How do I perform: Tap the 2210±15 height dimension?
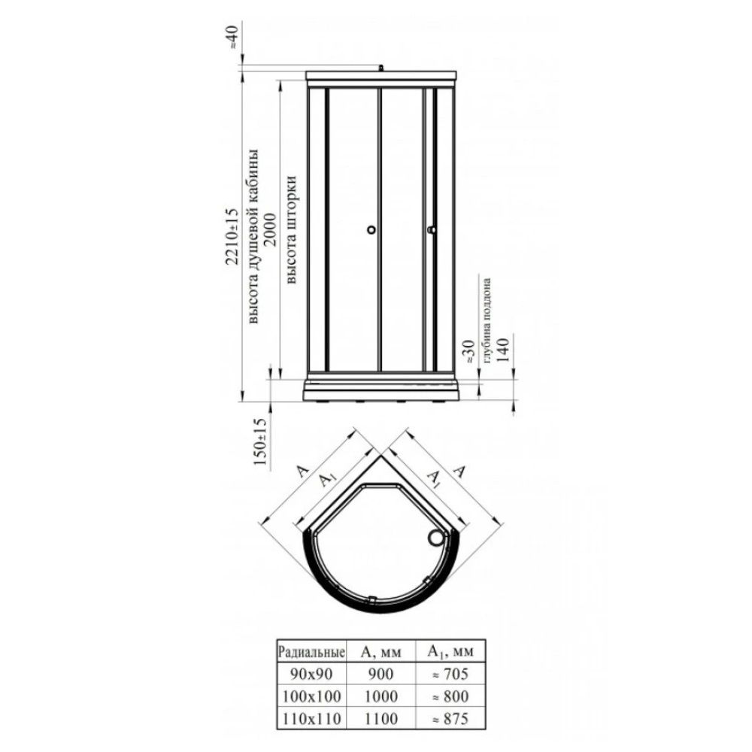pyautogui.click(x=232, y=236)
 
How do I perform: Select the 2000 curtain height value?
pyautogui.click(x=270, y=229)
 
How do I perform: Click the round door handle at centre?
pyautogui.click(x=371, y=230)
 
